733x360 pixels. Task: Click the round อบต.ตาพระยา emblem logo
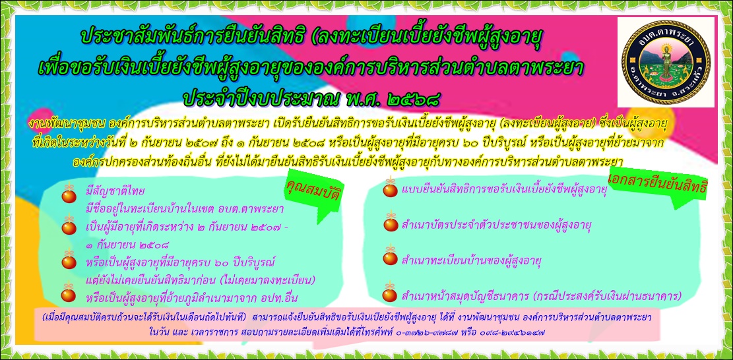[x=666, y=61]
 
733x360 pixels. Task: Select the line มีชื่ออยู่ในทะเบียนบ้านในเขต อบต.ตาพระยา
[x=185, y=209]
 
